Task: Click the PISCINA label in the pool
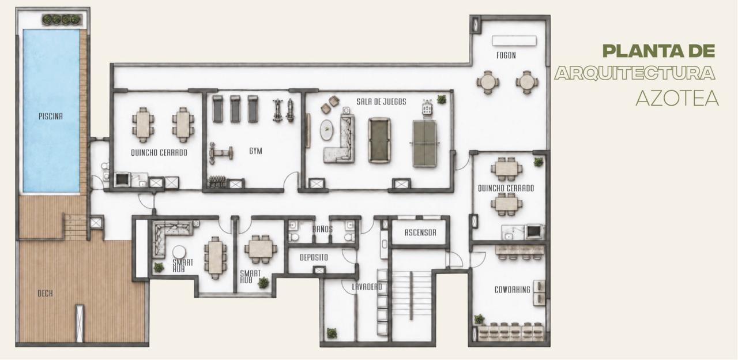(50, 117)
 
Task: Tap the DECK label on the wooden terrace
(45, 294)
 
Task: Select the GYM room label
(255, 151)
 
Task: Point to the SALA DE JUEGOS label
(381, 102)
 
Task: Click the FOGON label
(506, 55)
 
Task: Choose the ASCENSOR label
(420, 232)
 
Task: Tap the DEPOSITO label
(314, 257)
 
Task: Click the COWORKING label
(513, 290)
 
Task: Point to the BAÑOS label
(322, 229)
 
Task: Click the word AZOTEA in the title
(677, 98)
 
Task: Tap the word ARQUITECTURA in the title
(635, 73)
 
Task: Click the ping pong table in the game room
(424, 144)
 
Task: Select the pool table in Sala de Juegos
(379, 140)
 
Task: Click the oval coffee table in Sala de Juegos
(326, 130)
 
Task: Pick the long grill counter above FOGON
(514, 41)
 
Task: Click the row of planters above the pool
(61, 20)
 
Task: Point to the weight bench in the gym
(221, 153)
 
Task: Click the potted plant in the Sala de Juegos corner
(442, 99)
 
